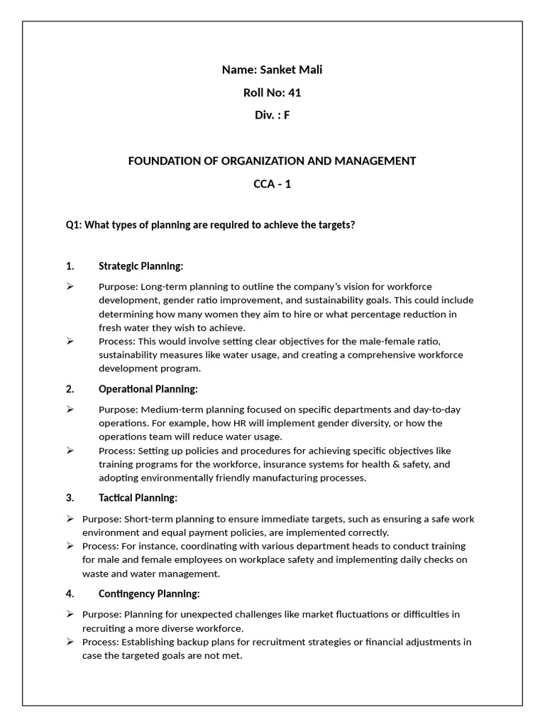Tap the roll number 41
[294, 92]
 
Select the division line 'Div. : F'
[272, 115]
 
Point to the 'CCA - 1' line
[272, 184]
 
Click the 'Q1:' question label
[74, 225]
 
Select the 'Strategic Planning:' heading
[141, 266]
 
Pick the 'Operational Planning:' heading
[148, 389]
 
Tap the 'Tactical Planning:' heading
[138, 498]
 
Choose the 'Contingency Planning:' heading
[149, 594]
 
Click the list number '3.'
[70, 498]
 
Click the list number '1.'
[70, 266]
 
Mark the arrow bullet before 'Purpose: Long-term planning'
[70, 287]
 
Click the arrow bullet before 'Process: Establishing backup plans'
[70, 642]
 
